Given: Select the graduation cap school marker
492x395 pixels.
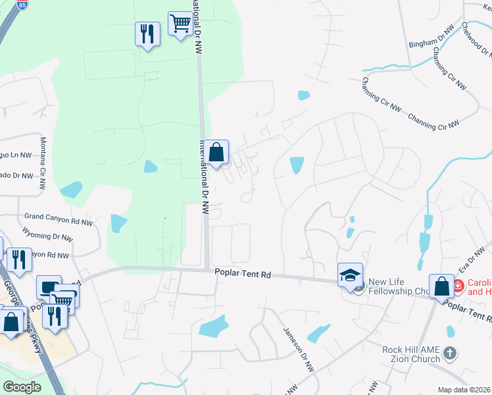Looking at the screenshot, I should point(351,275).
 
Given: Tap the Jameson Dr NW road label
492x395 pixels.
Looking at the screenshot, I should point(297,351).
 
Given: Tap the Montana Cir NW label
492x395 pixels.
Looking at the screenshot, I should point(43,159).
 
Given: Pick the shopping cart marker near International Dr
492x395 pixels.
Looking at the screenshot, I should point(180,24).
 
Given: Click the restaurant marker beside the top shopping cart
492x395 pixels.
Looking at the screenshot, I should point(147,34).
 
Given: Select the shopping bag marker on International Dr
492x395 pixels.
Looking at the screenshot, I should point(216,153).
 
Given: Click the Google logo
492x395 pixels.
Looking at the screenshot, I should point(22,386).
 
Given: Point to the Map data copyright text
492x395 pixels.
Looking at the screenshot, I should point(463,390).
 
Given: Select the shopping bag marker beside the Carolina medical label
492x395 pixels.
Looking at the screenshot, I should point(441,286).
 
